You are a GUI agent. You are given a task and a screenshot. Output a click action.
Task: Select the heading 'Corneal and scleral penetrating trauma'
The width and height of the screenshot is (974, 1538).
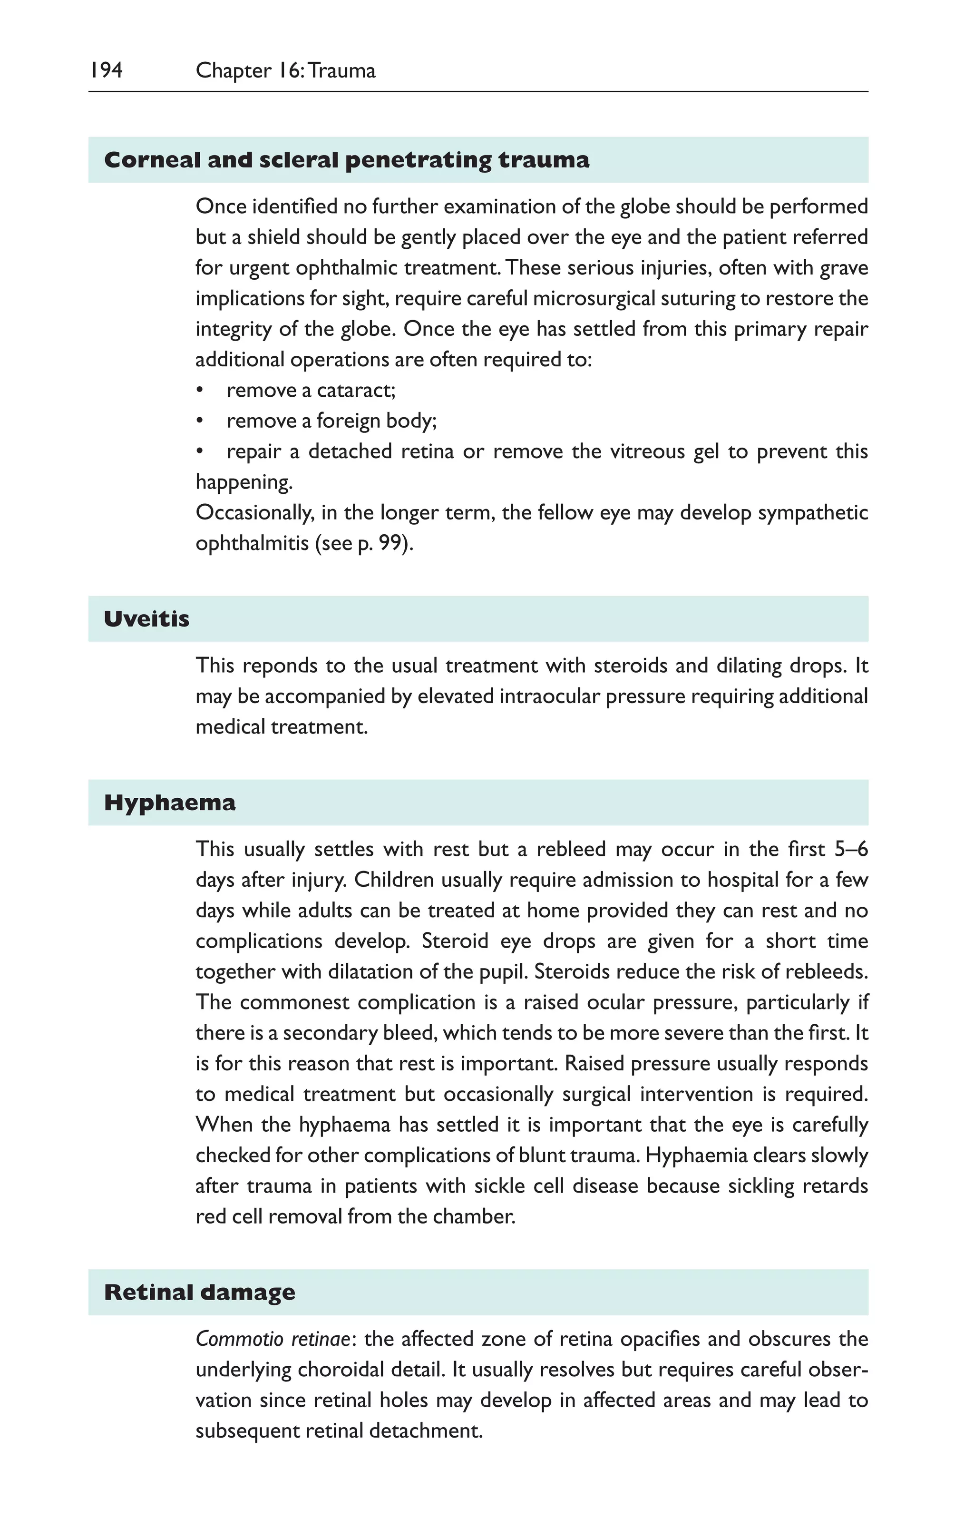tap(346, 160)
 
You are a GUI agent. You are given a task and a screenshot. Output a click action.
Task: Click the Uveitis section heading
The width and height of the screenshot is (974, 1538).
tap(146, 619)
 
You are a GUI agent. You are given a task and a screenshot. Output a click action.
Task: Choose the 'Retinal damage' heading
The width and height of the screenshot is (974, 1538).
tap(199, 1292)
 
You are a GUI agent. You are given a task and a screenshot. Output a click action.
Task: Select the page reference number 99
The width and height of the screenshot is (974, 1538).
tap(390, 543)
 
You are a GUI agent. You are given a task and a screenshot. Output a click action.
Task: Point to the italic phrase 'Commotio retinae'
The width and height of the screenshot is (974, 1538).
tap(273, 1339)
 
